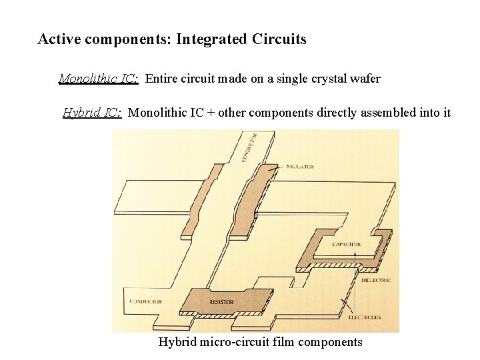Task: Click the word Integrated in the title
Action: pyautogui.click(x=211, y=39)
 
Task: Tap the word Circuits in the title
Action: pyautogui.click(x=279, y=39)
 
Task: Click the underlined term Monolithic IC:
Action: pyautogui.click(x=99, y=79)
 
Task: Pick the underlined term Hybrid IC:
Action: pyautogui.click(x=92, y=112)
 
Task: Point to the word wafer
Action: pyautogui.click(x=365, y=79)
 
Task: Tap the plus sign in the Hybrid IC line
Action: pyautogui.click(x=211, y=113)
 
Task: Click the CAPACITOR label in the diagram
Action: pyautogui.click(x=347, y=245)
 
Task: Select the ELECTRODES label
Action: pyautogui.click(x=365, y=317)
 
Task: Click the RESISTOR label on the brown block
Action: pyautogui.click(x=221, y=302)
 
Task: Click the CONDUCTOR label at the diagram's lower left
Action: pyautogui.click(x=146, y=301)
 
